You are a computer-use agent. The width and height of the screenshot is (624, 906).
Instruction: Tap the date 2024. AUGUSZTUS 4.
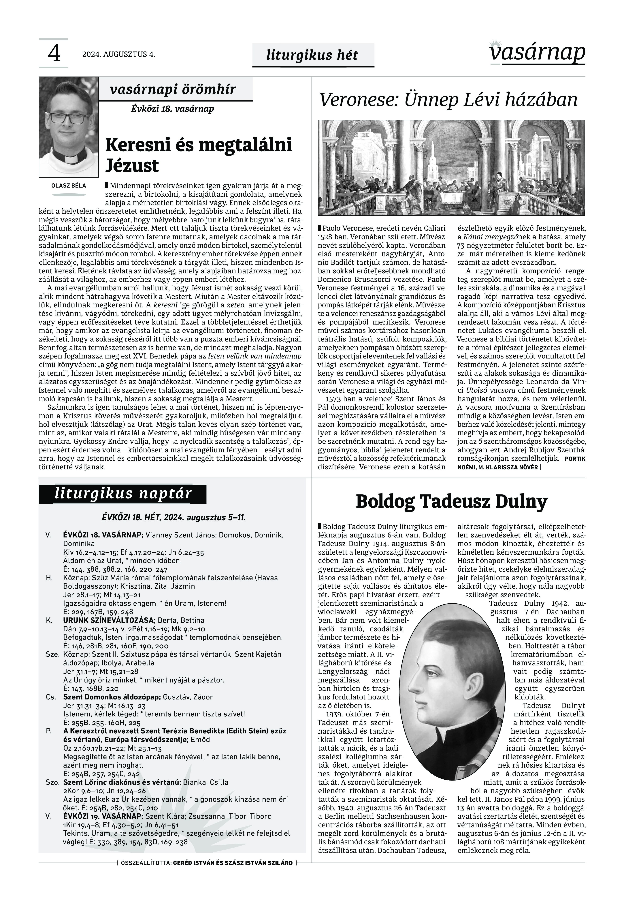click(x=118, y=54)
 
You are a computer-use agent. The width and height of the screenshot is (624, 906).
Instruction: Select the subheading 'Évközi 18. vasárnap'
click(x=172, y=109)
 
